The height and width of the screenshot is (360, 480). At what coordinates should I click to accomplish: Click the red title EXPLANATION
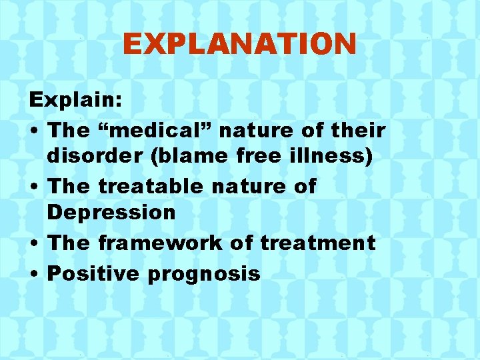coord(239,45)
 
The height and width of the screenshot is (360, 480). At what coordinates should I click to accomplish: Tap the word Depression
coord(111,213)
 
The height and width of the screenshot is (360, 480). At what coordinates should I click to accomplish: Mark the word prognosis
coord(204,273)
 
